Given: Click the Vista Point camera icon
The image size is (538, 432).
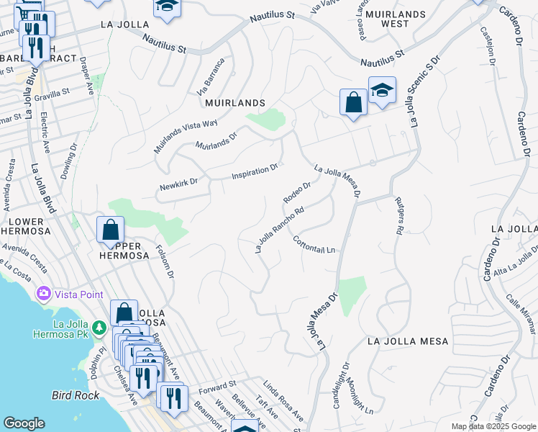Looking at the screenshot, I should click(44, 294).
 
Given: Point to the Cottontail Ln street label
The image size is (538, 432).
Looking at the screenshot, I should click(315, 245).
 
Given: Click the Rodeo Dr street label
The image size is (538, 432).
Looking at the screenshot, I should click(296, 192).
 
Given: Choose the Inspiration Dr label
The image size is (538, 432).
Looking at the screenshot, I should click(255, 172).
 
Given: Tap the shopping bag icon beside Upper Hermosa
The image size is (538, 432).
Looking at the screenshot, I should click(111, 231).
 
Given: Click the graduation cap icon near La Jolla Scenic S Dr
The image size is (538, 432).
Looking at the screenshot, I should click(382, 91).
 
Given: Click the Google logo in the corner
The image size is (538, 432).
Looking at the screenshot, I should click(24, 423).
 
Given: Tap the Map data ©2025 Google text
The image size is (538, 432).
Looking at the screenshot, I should click(493, 426).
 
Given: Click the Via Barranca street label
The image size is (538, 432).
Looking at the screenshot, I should click(211, 76).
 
